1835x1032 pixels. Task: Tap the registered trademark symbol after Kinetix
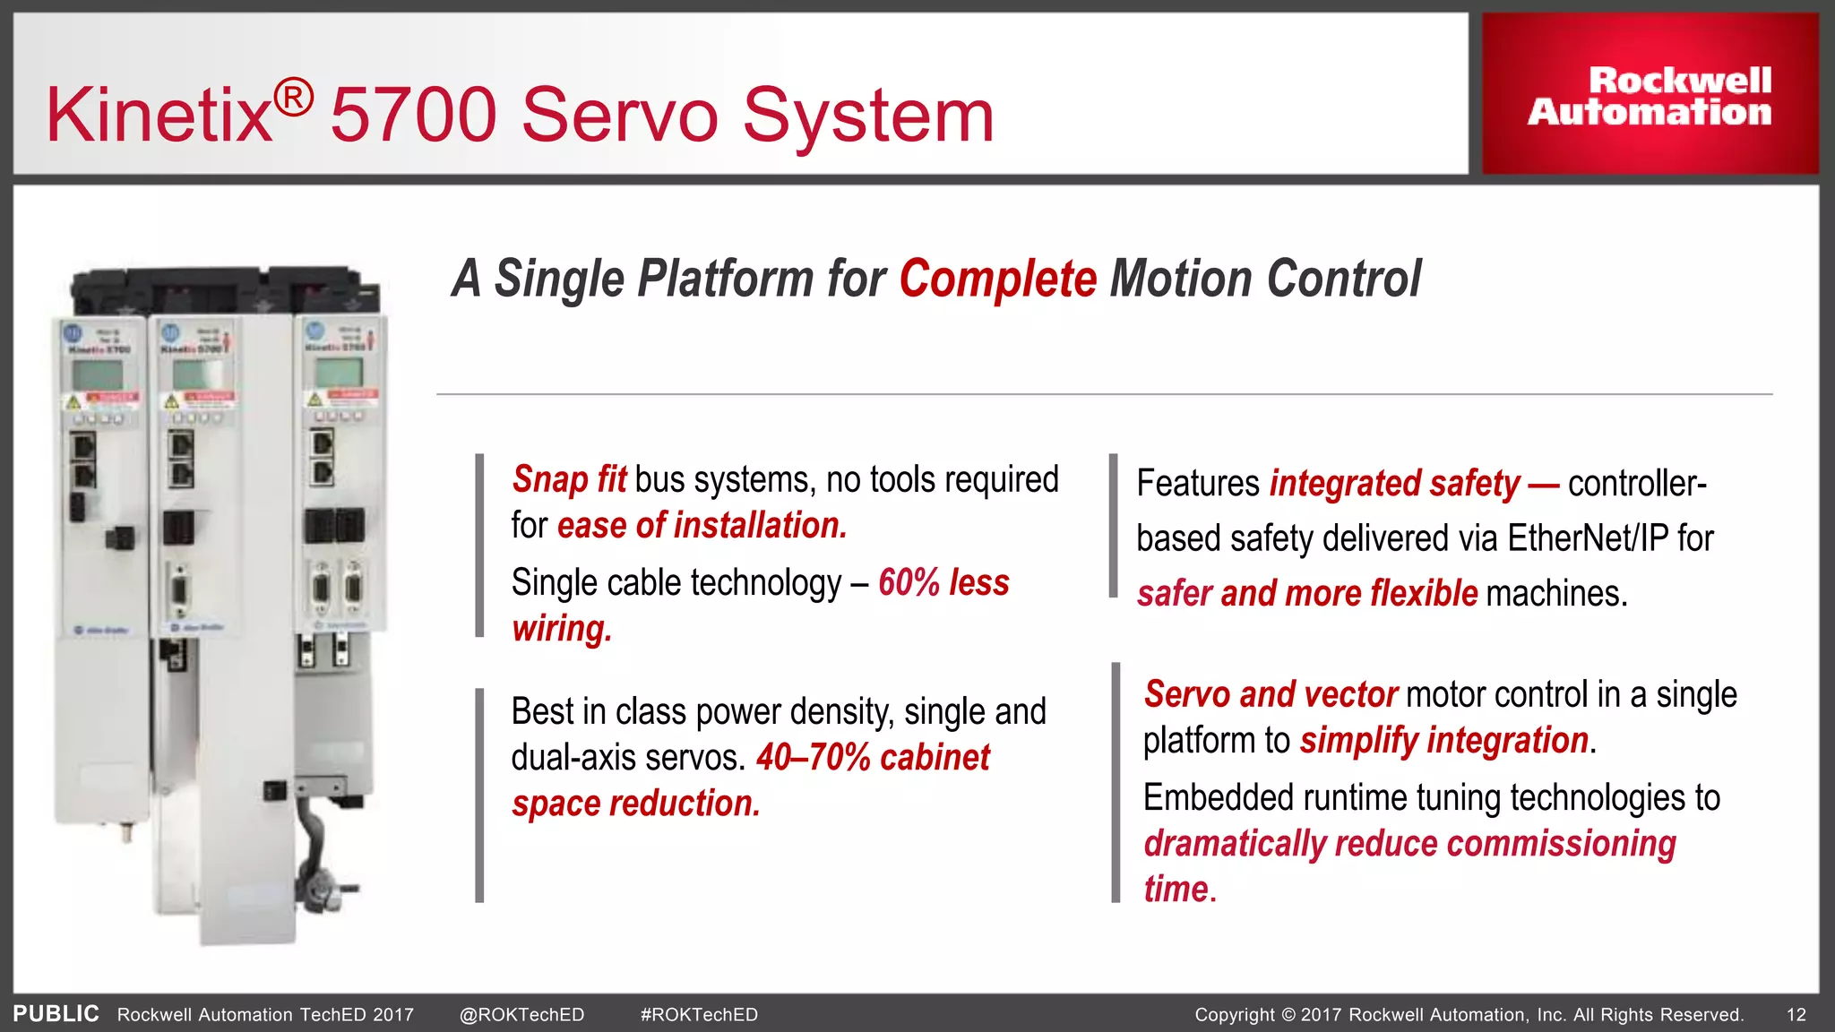293,98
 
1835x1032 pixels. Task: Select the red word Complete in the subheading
997,279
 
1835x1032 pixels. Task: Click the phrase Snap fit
569,480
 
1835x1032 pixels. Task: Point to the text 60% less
943,583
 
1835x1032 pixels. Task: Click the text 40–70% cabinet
873,758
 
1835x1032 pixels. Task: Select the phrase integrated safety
1394,484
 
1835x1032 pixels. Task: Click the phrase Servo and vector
1270,694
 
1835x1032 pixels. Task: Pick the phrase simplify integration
1443,741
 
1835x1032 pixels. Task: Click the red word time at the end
1176,890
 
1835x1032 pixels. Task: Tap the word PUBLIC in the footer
56,1014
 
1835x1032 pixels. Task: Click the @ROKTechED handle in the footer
521,1015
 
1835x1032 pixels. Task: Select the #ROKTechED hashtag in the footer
699,1015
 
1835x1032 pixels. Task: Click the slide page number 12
1796,1015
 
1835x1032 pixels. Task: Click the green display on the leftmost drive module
98,375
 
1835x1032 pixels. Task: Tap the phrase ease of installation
702,526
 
